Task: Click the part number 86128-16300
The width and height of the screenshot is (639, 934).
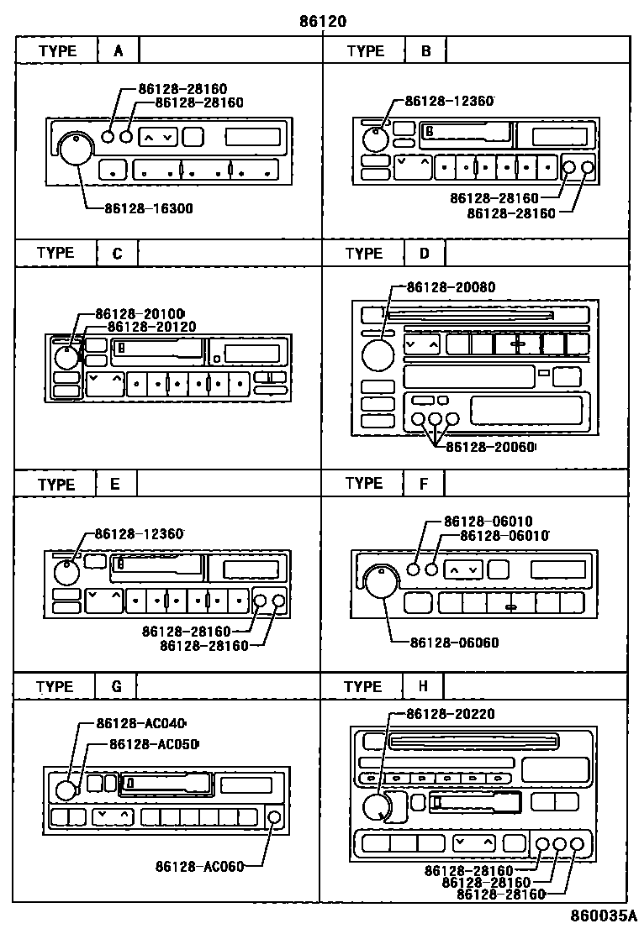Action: pos(149,207)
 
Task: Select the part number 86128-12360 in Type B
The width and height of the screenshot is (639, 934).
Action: pos(449,101)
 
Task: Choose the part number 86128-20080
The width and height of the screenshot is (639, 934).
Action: pos(451,287)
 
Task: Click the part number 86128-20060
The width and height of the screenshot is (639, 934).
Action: pos(490,447)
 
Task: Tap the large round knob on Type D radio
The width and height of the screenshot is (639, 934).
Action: pos(378,354)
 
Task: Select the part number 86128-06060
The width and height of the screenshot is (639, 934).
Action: pos(454,643)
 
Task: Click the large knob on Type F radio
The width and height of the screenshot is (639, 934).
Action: pos(383,581)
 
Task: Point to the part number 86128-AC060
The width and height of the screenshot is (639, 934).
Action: pos(199,867)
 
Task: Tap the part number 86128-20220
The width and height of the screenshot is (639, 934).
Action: pos(450,714)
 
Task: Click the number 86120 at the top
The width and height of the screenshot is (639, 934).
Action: pos(323,21)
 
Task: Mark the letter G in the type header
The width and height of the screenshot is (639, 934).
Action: pos(117,686)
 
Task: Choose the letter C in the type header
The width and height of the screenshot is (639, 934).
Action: pos(117,253)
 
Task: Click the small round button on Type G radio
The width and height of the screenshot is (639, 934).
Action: pos(273,817)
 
